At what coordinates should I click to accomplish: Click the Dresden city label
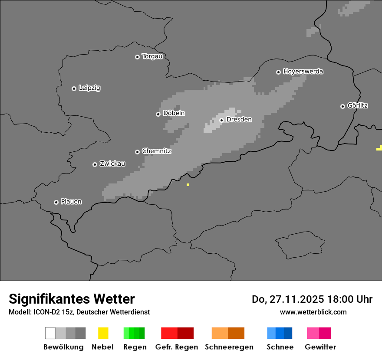coord(239,120)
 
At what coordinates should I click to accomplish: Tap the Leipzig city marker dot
coord(74,88)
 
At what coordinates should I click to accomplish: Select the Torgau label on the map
coord(152,56)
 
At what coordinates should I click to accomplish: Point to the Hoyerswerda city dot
coord(278,72)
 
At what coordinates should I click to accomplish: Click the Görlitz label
coord(358,105)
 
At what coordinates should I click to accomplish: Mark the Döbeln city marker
coord(158,114)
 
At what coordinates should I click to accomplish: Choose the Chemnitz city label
coord(156,151)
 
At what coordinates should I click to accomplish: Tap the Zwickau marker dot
coord(95,164)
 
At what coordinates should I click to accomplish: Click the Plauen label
coord(71,202)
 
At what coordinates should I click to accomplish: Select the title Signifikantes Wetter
coord(72,299)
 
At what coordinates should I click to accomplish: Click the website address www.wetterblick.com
coord(313,312)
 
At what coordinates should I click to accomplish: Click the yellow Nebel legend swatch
coord(103,333)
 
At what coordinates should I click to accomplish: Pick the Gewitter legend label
coord(320,347)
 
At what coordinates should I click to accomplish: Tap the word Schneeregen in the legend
coord(229,347)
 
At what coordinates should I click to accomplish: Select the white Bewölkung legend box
coord(50,333)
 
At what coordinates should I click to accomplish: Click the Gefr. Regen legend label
coord(176,347)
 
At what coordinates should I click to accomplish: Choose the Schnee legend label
coord(280,347)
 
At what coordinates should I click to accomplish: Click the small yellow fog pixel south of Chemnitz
coord(188,185)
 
